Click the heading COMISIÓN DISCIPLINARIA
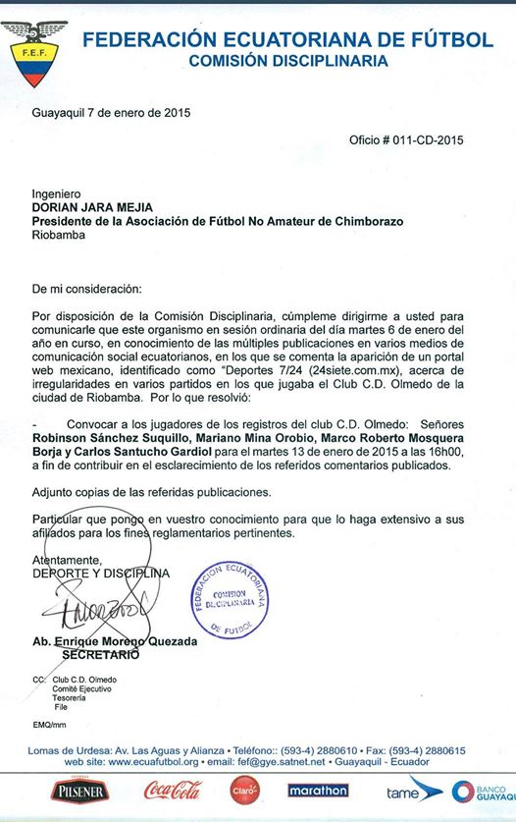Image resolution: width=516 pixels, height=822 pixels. click(x=288, y=60)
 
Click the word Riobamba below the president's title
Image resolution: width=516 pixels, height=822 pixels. click(x=58, y=235)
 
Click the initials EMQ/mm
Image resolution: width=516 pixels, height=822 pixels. click(x=49, y=725)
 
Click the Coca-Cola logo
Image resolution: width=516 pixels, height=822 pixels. click(x=173, y=790)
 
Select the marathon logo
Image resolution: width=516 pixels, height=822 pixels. click(x=318, y=790)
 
